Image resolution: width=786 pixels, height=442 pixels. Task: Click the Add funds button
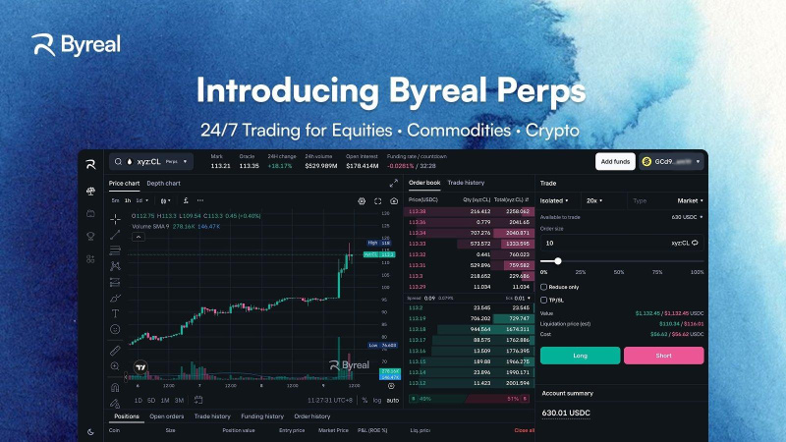tap(614, 161)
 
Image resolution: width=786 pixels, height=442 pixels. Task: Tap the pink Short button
tap(663, 356)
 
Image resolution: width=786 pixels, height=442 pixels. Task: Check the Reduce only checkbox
tap(544, 287)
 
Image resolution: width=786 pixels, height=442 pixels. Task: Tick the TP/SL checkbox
tap(544, 300)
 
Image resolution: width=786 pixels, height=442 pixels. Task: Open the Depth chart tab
tap(163, 183)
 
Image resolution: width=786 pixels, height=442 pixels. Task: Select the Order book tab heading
tap(424, 183)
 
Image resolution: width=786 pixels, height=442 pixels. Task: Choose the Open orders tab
tap(167, 416)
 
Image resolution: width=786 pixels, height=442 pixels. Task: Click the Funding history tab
tap(262, 416)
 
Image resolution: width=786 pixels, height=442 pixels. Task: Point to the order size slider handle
tap(558, 260)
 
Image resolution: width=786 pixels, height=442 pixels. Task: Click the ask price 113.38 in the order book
tap(417, 211)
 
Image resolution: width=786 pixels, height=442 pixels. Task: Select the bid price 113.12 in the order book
tap(417, 381)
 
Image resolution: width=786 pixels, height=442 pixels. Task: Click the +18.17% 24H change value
tap(280, 166)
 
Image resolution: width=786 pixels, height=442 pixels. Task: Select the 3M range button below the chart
tap(165, 400)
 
